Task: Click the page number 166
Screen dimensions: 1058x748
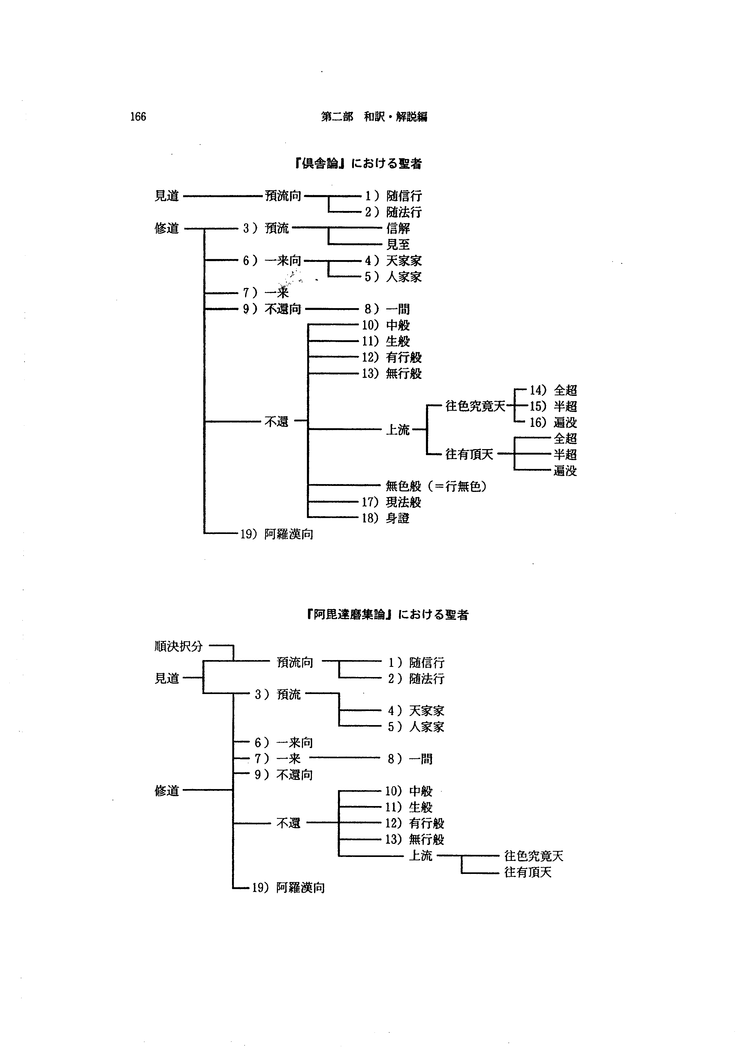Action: [x=138, y=116]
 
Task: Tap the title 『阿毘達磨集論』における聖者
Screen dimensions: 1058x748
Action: [x=388, y=615]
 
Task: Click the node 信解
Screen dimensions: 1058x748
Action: [x=398, y=228]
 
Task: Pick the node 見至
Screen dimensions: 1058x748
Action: [x=398, y=244]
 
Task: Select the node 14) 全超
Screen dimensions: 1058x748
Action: [x=553, y=390]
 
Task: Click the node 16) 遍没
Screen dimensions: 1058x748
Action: [x=553, y=422]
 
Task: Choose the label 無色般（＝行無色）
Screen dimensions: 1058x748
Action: [x=436, y=486]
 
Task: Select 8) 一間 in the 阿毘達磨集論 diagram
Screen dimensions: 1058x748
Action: [x=410, y=759]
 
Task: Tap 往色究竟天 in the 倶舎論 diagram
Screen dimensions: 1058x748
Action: [x=475, y=407]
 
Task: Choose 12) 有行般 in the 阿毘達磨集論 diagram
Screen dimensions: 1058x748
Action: [x=414, y=824]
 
